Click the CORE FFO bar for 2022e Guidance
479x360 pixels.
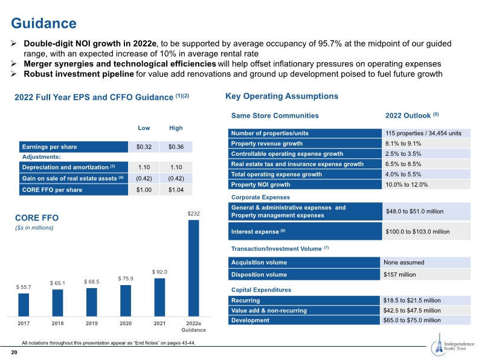click(x=194, y=268)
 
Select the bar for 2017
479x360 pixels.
click(x=24, y=304)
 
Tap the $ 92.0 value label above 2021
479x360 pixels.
click(x=159, y=272)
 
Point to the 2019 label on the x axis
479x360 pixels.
click(x=92, y=323)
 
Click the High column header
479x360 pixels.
click(x=176, y=128)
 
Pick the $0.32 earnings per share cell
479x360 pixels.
click(x=144, y=147)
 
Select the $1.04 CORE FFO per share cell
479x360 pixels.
click(x=176, y=190)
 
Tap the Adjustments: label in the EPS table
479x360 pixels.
click(x=41, y=157)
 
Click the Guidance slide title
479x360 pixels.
click(x=43, y=23)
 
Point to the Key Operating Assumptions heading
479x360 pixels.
click(x=281, y=96)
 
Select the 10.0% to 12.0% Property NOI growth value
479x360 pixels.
click(x=407, y=185)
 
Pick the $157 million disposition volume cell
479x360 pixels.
click(x=400, y=274)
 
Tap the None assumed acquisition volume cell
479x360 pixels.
click(x=404, y=262)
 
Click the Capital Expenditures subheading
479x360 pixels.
click(x=261, y=290)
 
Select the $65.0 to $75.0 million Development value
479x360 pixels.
click(x=412, y=320)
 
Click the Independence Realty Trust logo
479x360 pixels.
click(x=452, y=346)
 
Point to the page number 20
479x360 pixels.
click(x=14, y=352)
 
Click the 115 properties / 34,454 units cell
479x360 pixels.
click(x=423, y=133)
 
